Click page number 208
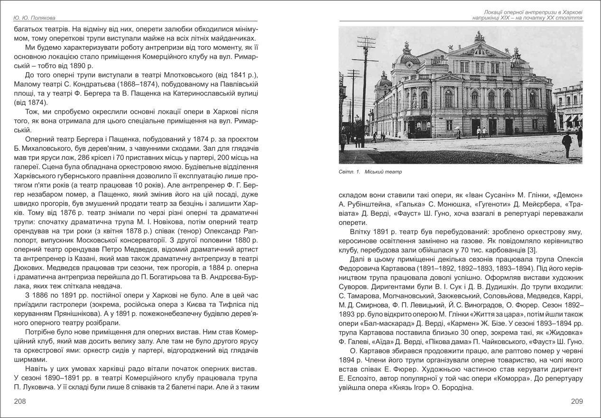point(20,401)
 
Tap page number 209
point(576,401)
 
